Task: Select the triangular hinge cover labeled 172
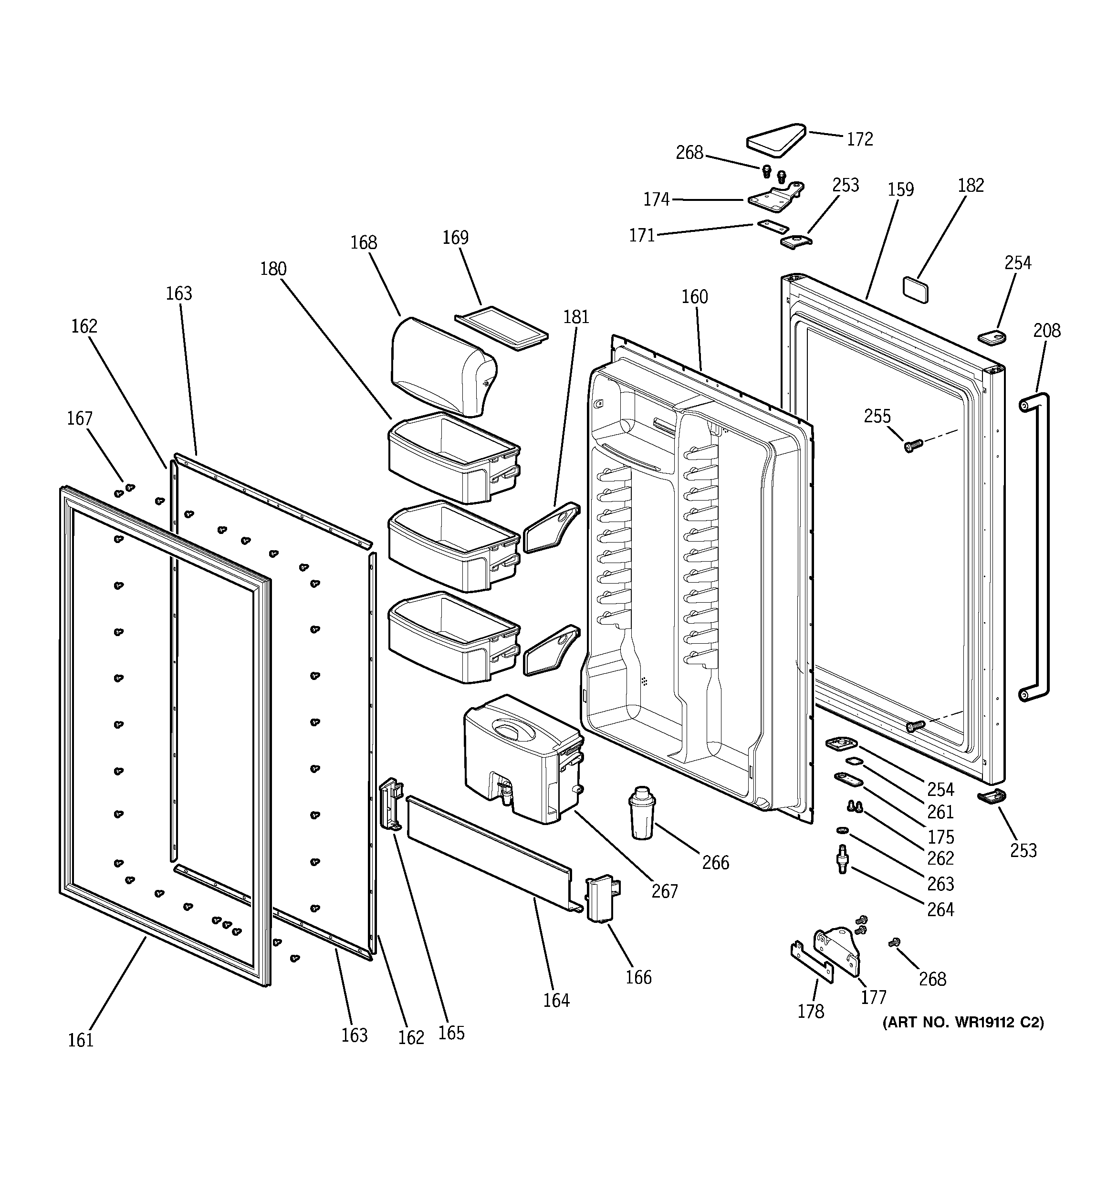coord(775,141)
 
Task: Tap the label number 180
coord(273,269)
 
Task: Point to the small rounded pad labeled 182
coord(915,289)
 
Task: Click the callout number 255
coord(877,417)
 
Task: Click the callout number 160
coord(695,297)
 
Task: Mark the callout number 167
coord(80,419)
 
